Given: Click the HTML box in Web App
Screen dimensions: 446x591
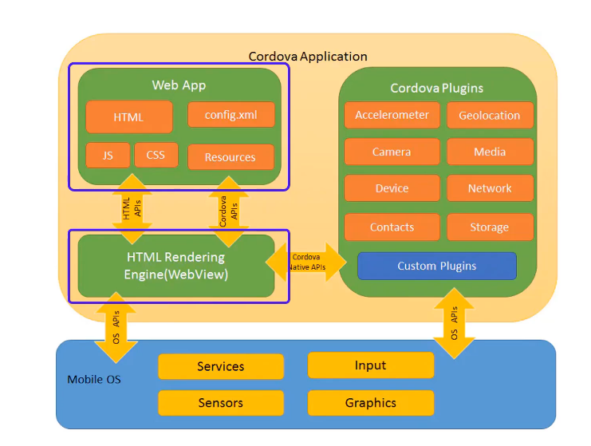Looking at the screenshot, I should point(128,117).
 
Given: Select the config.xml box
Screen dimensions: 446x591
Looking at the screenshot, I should point(230,114).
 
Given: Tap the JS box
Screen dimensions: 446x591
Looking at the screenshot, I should point(108,155).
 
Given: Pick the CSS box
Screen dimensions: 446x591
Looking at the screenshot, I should point(156,155).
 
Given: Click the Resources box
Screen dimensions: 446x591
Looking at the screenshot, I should point(230,157).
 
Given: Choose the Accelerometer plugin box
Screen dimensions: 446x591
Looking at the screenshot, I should point(392,115).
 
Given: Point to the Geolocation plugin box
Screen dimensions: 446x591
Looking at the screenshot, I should point(490,115).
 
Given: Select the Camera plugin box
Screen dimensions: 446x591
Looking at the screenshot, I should point(392,152).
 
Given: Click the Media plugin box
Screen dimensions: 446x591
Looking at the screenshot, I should point(490,152).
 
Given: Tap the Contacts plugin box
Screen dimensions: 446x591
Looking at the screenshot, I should point(392,227).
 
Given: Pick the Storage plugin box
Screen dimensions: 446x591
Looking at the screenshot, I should point(490,227).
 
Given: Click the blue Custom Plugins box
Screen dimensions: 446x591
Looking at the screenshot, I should point(437,266).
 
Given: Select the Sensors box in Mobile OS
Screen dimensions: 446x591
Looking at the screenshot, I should point(220,403).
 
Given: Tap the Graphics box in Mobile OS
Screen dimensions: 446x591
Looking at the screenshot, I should point(370,403).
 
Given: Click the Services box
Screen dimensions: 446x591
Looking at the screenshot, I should point(220,367).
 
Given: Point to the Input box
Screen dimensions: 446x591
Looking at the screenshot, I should point(370,365).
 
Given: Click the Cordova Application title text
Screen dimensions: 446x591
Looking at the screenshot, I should point(308,57).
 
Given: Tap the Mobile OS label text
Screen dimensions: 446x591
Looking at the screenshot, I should point(94,379).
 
